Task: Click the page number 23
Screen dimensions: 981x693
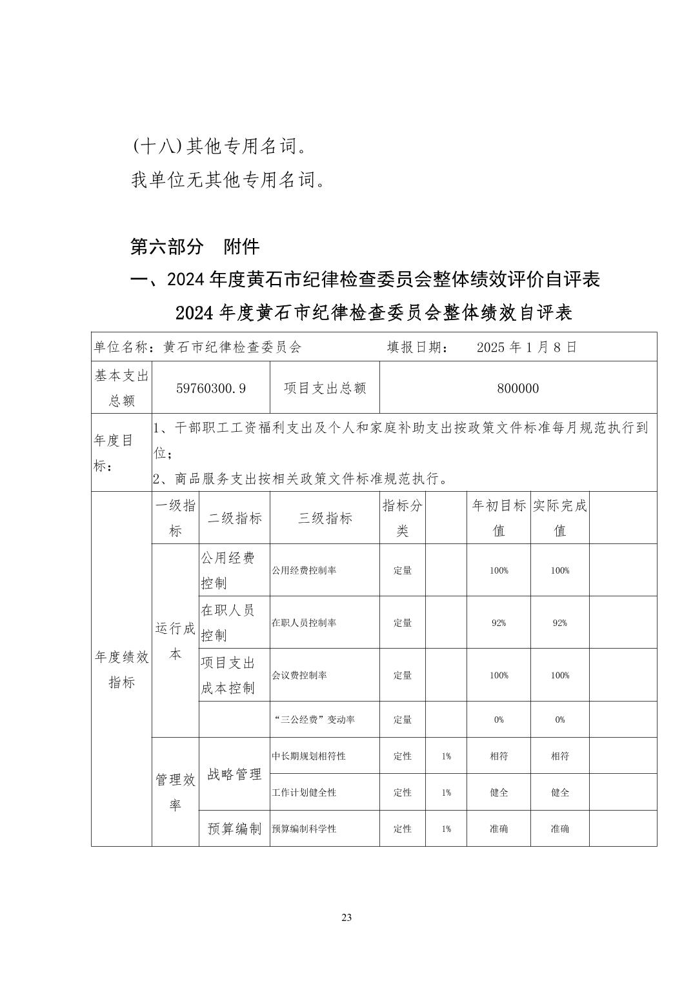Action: click(x=346, y=918)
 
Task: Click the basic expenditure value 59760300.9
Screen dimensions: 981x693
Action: click(x=211, y=388)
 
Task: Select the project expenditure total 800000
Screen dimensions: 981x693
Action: click(x=518, y=388)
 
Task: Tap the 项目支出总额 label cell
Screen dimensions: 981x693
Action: click(x=325, y=388)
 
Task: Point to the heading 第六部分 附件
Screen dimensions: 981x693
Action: click(x=195, y=247)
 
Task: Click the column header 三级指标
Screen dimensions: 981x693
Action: click(x=325, y=518)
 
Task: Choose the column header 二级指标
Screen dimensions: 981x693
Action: click(x=234, y=518)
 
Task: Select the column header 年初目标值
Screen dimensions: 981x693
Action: click(x=499, y=518)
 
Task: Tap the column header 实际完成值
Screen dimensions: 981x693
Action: click(x=560, y=518)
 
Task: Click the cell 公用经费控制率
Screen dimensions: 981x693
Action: click(x=304, y=571)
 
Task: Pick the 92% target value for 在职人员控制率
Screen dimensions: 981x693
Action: click(x=499, y=623)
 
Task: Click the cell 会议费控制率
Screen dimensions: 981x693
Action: click(x=299, y=675)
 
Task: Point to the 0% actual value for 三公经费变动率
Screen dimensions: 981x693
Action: click(x=560, y=720)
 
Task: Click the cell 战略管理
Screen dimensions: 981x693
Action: click(x=234, y=774)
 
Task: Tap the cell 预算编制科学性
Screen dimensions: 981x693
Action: click(x=304, y=829)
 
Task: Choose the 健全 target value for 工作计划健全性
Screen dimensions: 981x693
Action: click(x=499, y=793)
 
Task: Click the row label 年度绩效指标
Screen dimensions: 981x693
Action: click(x=122, y=669)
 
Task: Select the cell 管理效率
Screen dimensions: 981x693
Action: click(x=176, y=792)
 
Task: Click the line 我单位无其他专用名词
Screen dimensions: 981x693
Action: click(x=228, y=180)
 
